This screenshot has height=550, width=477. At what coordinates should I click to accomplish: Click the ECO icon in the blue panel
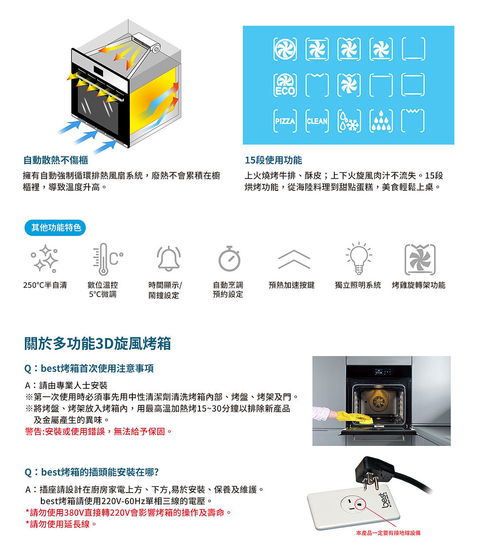pyautogui.click(x=285, y=85)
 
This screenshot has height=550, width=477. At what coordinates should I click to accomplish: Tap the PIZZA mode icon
pyautogui.click(x=285, y=121)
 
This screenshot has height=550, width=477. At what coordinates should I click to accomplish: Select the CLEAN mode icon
pyautogui.click(x=317, y=121)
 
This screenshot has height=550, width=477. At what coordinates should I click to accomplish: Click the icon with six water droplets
pyautogui.click(x=381, y=121)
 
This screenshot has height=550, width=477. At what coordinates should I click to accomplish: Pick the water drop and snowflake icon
pyautogui.click(x=349, y=121)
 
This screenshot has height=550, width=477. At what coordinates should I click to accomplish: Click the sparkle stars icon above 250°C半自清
pyautogui.click(x=45, y=259)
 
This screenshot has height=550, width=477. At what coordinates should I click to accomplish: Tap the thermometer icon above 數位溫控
pyautogui.click(x=107, y=259)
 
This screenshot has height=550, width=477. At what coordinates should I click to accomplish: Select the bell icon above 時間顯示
pyautogui.click(x=169, y=259)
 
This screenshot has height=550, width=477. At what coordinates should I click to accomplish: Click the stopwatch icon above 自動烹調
pyautogui.click(x=229, y=259)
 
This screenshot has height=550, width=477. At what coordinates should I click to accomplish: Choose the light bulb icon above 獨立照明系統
pyautogui.click(x=358, y=258)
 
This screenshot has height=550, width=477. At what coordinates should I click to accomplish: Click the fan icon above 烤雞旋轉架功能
pyautogui.click(x=420, y=259)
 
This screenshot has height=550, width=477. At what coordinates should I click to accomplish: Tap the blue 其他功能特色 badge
pyautogui.click(x=55, y=228)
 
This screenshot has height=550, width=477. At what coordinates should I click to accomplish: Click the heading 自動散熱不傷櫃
pyautogui.click(x=56, y=160)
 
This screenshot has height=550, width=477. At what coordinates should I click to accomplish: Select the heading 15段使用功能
pyautogui.click(x=274, y=160)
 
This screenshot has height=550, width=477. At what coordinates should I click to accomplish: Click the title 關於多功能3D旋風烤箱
pyautogui.click(x=97, y=344)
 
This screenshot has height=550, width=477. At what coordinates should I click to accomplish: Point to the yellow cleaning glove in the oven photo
pyautogui.click(x=354, y=417)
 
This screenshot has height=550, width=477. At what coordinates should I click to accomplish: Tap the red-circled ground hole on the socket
pyautogui.click(x=359, y=504)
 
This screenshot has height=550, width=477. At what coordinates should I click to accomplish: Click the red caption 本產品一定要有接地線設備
pyautogui.click(x=388, y=533)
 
